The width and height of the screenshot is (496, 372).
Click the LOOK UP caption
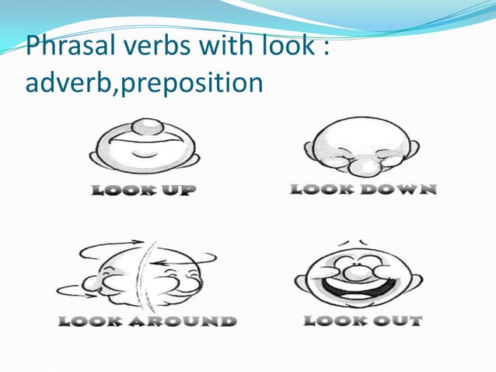click(x=144, y=189)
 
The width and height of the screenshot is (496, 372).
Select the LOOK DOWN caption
click(x=363, y=188)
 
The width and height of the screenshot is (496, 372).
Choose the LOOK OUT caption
click(x=362, y=320)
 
